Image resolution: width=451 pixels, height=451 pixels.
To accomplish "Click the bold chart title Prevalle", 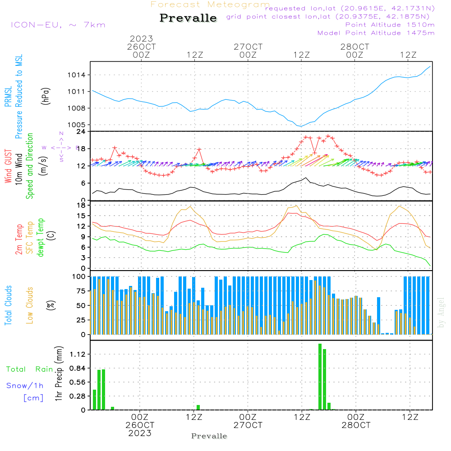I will point(188,18).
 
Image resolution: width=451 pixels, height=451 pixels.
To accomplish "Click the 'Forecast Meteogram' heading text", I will point(210,5).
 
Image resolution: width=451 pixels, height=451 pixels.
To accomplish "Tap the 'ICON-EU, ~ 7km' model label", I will point(58,25).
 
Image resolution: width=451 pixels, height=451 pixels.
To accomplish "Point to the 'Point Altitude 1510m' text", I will point(390,25).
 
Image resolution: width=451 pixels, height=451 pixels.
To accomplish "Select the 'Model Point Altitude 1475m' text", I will point(376,33).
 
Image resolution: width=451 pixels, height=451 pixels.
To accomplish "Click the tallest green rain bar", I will point(320,377).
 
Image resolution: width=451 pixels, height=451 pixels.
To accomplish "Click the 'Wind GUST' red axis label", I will point(8,167).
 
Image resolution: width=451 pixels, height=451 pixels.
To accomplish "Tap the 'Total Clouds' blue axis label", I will point(8,305).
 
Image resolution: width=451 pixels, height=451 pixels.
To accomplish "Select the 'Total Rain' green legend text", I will point(29,369).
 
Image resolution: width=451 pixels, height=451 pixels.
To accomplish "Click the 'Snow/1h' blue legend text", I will point(25,386).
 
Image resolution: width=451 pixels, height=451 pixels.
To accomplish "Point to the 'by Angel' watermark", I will point(441,312).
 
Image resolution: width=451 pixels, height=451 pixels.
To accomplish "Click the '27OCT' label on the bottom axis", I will point(248,425).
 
